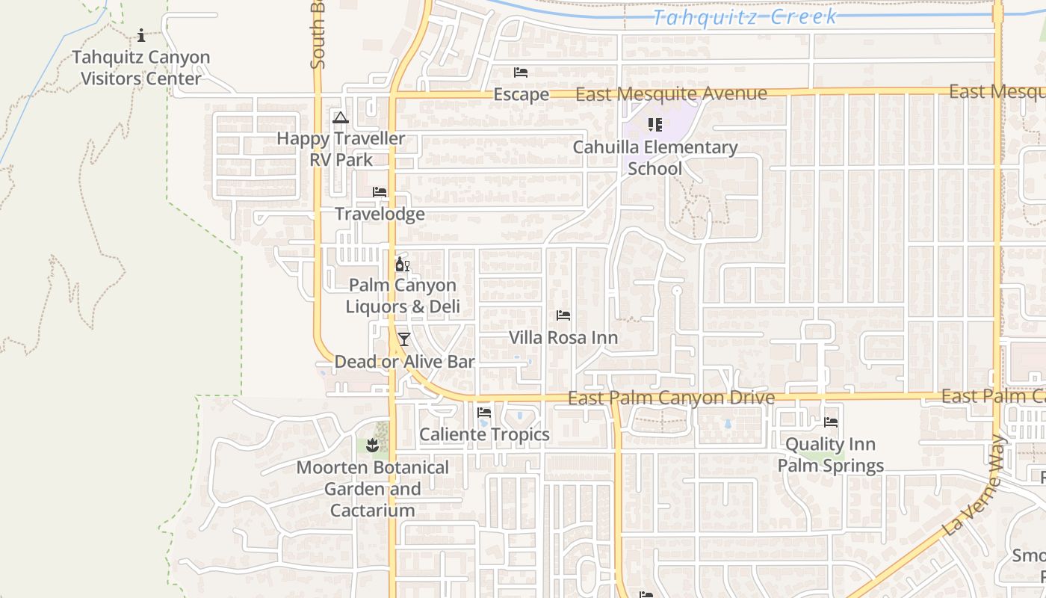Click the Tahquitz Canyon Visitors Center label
140,68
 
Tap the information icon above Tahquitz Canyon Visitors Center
140,35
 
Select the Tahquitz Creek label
745,16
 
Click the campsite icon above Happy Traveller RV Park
341,117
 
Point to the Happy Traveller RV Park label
341,149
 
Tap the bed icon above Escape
521,73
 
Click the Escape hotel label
521,95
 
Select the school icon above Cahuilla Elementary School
654,125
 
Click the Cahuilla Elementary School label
654,158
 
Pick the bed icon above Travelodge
380,192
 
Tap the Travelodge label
380,215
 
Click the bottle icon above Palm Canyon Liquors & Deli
402,264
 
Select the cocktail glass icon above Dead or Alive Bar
403,339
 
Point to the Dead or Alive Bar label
404,362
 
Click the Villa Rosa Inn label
563,338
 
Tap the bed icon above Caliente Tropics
484,412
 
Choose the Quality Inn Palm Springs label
830,455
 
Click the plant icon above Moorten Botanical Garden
372,446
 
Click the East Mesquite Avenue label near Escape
671,94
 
